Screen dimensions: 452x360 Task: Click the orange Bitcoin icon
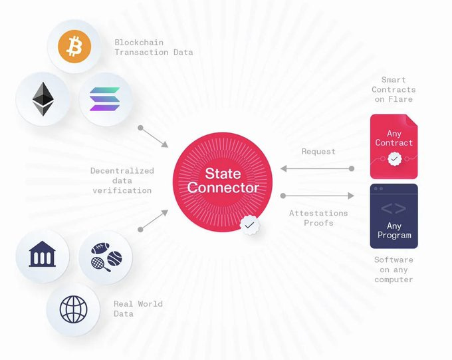(x=74, y=47)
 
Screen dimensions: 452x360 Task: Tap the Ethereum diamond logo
(x=42, y=99)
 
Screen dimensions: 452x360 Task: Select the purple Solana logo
(x=105, y=100)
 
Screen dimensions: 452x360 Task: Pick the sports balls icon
(x=105, y=258)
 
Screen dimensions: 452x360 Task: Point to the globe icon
(x=73, y=309)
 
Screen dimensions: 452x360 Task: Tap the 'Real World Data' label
(x=138, y=309)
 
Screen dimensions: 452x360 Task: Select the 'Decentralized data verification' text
(x=122, y=180)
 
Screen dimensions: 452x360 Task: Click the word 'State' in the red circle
(x=222, y=174)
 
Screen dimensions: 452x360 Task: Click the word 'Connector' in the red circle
(x=222, y=188)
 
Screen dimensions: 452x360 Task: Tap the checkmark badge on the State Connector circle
(x=249, y=226)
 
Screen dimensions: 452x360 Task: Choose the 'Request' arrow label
(x=318, y=152)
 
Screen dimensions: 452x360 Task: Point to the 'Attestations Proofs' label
(x=318, y=218)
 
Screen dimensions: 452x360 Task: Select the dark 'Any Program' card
(x=394, y=216)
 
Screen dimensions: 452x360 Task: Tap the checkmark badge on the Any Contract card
(x=395, y=159)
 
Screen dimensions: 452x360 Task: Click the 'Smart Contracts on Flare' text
(x=394, y=90)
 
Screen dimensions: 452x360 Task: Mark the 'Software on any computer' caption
(x=394, y=270)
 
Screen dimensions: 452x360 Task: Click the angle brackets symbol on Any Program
(x=394, y=208)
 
